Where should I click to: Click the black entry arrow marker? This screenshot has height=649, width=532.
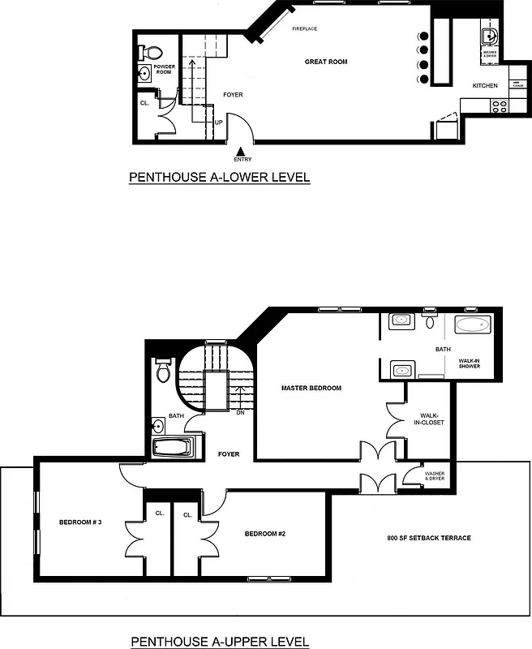tap(240, 151)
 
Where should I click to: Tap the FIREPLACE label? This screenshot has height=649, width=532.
tap(305, 29)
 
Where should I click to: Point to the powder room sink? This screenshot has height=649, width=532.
tap(144, 74)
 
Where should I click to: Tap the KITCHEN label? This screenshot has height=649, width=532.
tap(485, 86)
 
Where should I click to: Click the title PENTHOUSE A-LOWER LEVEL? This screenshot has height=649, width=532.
tap(219, 177)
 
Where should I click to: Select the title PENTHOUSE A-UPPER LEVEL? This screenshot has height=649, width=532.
tap(220, 642)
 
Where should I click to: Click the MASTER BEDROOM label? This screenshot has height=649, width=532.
tap(311, 388)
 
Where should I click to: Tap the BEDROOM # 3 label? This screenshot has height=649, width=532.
tap(80, 522)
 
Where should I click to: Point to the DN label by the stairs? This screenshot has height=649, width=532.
tap(241, 412)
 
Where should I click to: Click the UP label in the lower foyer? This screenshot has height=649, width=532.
tap(219, 122)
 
